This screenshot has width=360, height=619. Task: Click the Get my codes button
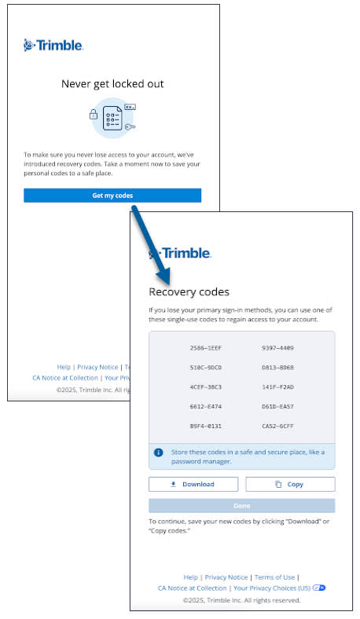click(x=112, y=195)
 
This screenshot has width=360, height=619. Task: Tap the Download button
click(x=193, y=484)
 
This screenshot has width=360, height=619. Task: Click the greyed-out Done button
click(x=242, y=506)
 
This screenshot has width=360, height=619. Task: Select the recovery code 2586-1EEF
click(x=206, y=347)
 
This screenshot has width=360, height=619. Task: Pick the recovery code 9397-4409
click(x=277, y=347)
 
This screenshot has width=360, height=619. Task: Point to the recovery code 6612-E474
click(x=206, y=406)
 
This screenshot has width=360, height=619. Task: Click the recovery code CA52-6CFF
click(x=277, y=426)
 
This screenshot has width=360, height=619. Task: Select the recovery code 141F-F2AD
click(x=277, y=386)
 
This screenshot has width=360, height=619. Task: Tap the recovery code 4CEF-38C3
click(x=206, y=386)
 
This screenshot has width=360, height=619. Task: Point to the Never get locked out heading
click(x=112, y=83)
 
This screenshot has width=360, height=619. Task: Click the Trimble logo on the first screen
click(x=53, y=46)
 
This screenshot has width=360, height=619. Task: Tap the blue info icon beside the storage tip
click(x=159, y=452)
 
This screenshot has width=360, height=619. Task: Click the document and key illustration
click(x=112, y=119)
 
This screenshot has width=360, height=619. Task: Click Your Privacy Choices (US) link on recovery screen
click(x=271, y=588)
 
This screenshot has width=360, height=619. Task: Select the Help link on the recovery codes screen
click(x=190, y=577)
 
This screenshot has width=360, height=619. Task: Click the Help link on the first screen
click(x=64, y=367)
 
